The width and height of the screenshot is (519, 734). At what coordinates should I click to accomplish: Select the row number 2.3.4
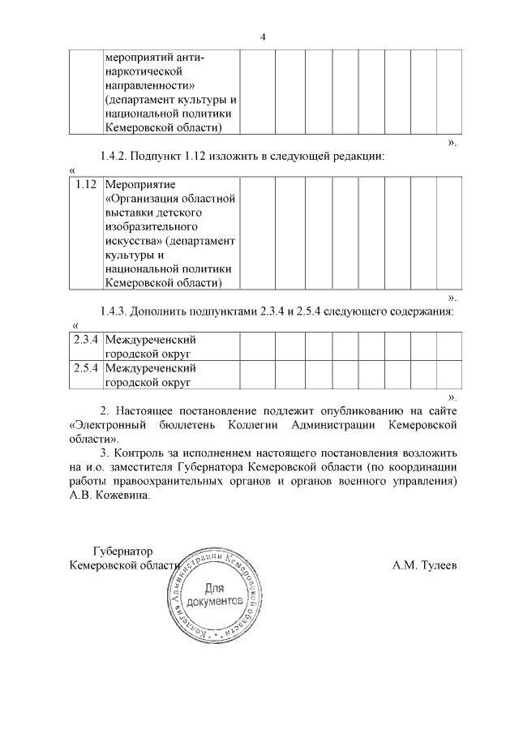tap(85, 340)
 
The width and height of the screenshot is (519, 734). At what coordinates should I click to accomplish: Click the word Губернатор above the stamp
tap(122, 551)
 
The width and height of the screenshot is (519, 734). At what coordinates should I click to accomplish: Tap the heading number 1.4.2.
tap(116, 155)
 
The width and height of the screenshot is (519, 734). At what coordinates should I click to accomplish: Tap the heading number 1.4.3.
tap(116, 311)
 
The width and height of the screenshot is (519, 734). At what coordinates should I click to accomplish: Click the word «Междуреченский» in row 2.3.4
tap(152, 340)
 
